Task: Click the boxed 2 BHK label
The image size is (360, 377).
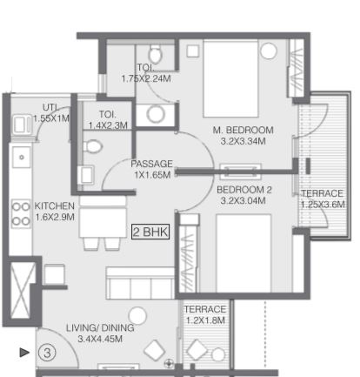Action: click(150, 232)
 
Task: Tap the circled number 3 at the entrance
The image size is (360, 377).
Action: click(47, 353)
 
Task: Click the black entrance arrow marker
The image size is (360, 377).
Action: click(24, 353)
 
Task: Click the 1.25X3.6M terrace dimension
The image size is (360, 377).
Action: click(323, 205)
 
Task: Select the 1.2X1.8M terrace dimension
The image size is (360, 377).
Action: click(205, 320)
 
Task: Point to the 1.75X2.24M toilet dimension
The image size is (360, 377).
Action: click(146, 78)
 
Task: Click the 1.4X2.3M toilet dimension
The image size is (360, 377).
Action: click(108, 125)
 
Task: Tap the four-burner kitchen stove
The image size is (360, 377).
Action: click(21, 213)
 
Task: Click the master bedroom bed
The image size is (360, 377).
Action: click(230, 78)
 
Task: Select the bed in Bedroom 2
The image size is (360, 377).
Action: click(243, 253)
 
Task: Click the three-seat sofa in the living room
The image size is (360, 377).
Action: click(140, 283)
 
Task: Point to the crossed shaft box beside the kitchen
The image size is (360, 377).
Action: click(21, 290)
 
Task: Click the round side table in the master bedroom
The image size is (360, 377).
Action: click(269, 51)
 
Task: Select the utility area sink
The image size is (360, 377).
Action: click(22, 125)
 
